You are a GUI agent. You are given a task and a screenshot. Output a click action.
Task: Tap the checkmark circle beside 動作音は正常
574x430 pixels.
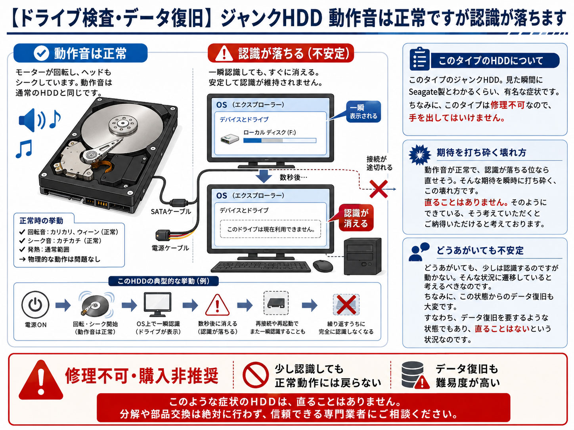pos(41,53)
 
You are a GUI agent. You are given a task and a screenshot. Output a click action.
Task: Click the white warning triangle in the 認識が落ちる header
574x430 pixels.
pos(224,53)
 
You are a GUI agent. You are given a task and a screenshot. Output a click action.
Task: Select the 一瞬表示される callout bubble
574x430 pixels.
pos(363,112)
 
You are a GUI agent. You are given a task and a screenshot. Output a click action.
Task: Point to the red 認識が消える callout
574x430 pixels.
pos(356,218)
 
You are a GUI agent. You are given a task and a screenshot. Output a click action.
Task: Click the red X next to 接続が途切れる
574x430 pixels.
pos(379,189)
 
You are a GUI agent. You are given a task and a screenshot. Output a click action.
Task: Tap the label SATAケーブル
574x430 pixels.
pos(171,211)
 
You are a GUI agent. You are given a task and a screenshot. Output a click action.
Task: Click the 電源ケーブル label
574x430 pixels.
pos(170,248)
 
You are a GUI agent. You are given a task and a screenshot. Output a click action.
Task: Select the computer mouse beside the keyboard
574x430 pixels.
pos(323,266)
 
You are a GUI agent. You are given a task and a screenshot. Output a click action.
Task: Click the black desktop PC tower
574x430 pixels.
pos(362,257)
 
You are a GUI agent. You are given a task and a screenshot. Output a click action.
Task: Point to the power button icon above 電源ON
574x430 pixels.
pos(35,304)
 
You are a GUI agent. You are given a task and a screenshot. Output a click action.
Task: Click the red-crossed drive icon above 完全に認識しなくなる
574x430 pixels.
pos(346,305)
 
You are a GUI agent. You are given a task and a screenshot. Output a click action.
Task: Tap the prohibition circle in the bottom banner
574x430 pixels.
pos(256,375)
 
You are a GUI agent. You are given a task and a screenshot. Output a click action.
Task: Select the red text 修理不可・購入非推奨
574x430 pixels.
pos(142,376)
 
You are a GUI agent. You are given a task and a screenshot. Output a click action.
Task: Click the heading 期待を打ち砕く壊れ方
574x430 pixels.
pos(481,152)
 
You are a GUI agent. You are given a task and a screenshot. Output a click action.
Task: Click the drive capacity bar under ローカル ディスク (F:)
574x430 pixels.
pos(279,141)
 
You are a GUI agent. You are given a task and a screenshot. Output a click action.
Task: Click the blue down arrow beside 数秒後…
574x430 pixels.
pos(264,176)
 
